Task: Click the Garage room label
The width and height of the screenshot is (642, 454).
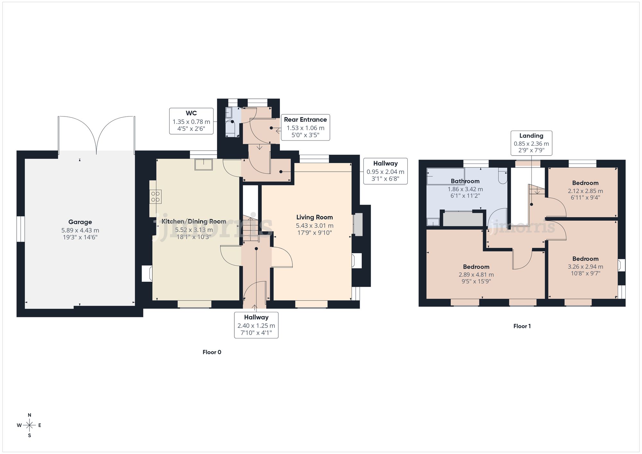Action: tap(80, 222)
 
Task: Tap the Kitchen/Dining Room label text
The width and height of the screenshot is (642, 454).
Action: tap(194, 221)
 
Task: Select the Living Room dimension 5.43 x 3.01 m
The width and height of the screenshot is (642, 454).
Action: tap(314, 226)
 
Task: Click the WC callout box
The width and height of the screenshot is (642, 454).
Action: tap(191, 121)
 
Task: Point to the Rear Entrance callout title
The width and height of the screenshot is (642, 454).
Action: tap(305, 120)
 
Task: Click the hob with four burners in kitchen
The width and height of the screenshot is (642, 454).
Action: tap(156, 197)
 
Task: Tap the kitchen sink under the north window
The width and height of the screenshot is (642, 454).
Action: tap(204, 164)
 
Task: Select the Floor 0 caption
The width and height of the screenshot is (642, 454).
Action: tap(212, 352)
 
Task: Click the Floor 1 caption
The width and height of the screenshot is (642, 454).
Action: tap(522, 326)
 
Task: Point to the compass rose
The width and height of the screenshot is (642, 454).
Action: tap(30, 425)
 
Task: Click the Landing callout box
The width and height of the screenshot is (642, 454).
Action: tap(531, 143)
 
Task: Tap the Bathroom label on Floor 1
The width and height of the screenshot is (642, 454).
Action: tap(465, 181)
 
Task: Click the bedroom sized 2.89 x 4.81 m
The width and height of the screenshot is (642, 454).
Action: tap(476, 275)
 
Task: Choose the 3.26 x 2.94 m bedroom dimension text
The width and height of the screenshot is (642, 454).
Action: tap(585, 267)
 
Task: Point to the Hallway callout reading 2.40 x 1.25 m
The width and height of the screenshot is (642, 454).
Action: tap(256, 325)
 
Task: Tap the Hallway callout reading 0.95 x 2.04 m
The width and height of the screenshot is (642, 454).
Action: tap(385, 171)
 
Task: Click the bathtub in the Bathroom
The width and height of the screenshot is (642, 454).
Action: tap(446, 176)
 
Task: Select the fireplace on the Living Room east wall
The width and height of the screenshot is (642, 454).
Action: tap(358, 224)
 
